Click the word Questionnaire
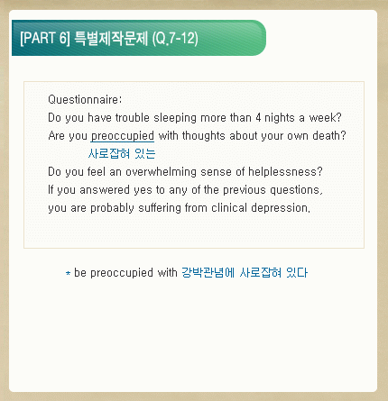coord(84,99)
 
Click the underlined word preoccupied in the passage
coord(123,136)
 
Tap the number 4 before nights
coord(258,117)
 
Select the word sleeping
coord(175,118)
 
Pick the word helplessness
coord(282,172)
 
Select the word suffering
coord(160,208)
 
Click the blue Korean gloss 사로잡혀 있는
coord(122,154)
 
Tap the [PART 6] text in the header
coord(45,38)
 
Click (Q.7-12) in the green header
coord(175,39)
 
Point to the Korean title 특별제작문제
coord(111,38)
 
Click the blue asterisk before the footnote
coord(69,273)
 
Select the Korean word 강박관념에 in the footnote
coord(208,273)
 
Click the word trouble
coord(133,117)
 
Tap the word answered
coord(105,190)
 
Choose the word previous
coord(245,190)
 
